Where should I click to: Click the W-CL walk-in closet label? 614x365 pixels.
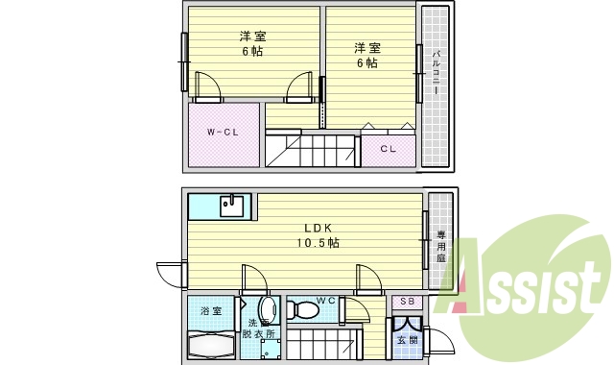(x=223, y=132)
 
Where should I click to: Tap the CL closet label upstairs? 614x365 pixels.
(x=388, y=149)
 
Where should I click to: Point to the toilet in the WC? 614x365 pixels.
(x=304, y=310)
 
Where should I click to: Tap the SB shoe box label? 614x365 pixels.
(x=405, y=302)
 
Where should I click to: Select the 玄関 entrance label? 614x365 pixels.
(x=406, y=341)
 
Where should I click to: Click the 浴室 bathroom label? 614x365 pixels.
(x=210, y=311)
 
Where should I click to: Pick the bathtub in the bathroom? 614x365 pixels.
(x=210, y=344)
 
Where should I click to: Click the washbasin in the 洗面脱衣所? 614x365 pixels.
(x=267, y=309)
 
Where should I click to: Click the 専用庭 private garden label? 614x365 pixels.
(x=441, y=246)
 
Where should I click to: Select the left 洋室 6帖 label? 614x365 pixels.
(x=251, y=43)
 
